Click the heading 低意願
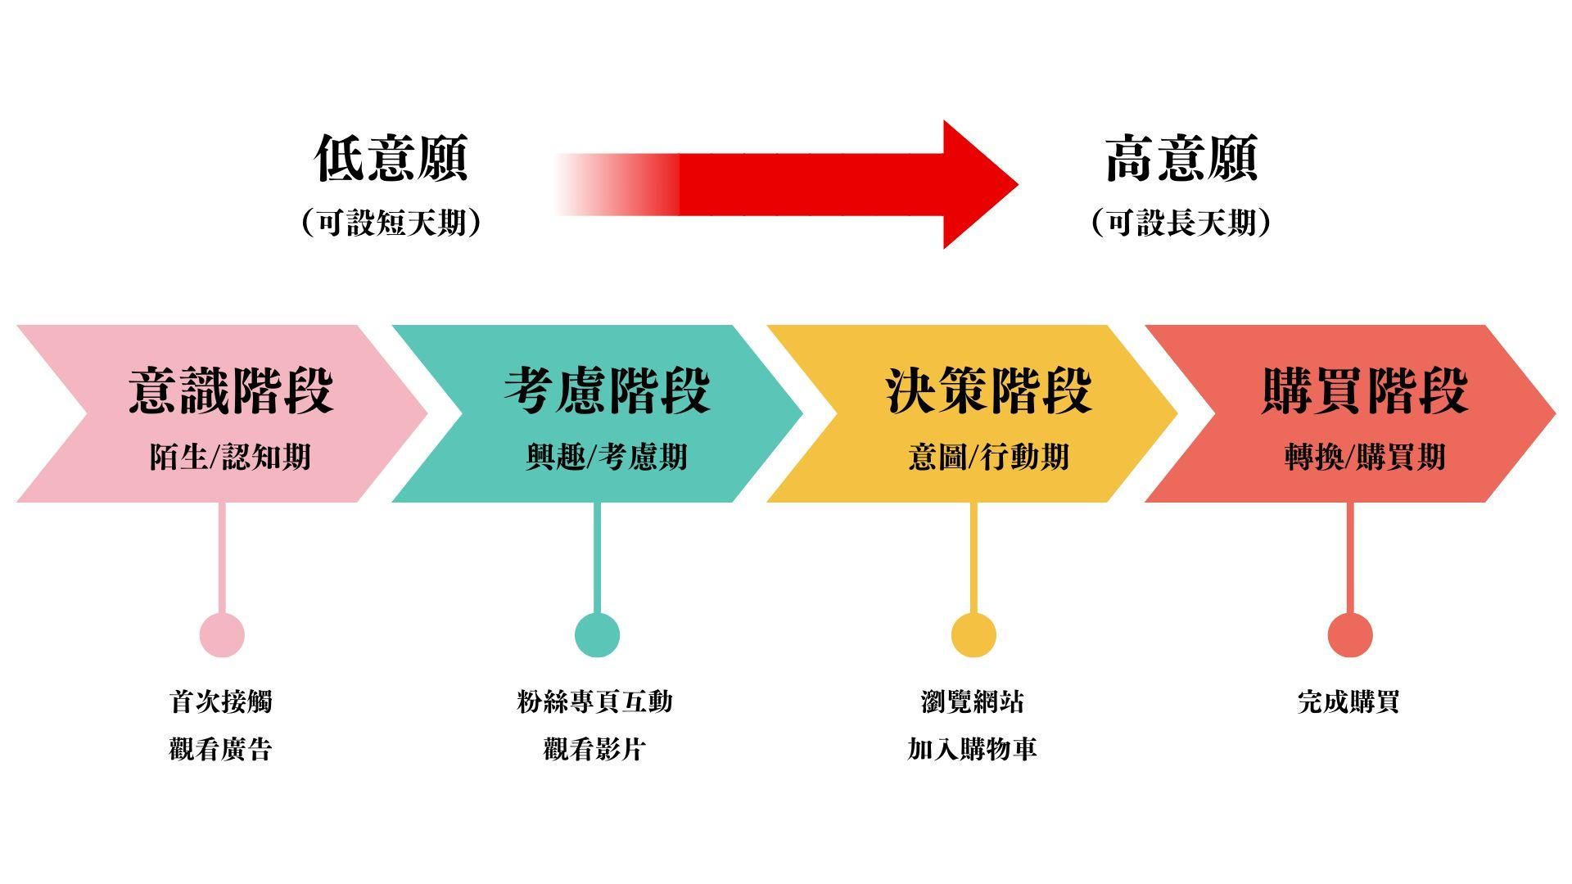(391, 159)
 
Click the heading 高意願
(1181, 159)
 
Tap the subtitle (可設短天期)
(391, 223)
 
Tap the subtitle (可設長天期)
(1181, 223)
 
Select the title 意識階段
(231, 390)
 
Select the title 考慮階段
(607, 390)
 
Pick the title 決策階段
(988, 390)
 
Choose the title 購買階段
(1364, 390)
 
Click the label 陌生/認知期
(231, 457)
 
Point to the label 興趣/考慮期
(607, 457)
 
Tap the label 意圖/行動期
(988, 457)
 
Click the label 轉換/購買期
(1364, 457)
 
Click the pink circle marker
(222, 634)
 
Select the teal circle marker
(597, 634)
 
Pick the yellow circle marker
(973, 634)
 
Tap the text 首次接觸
(221, 701)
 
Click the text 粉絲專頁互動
(595, 701)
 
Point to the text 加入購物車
(972, 749)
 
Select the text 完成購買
(1348, 701)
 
